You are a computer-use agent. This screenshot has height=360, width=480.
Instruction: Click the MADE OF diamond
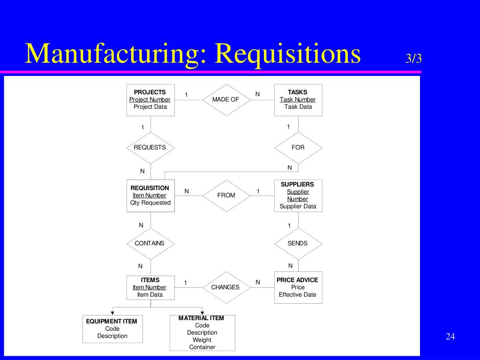tap(226, 100)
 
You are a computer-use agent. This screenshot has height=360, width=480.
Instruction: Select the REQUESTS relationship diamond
tap(150, 148)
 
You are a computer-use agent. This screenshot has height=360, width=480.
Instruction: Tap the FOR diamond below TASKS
tap(298, 148)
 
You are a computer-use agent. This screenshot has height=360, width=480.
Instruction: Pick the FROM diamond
tap(226, 195)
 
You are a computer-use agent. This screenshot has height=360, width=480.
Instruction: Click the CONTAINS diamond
tap(150, 244)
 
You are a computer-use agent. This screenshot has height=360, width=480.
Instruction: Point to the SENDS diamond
tap(298, 244)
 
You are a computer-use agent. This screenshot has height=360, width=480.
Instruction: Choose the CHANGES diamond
tap(226, 287)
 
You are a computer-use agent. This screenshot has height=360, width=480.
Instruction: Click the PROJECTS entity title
tap(150, 92)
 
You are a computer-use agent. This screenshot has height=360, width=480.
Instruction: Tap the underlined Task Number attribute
tap(298, 99)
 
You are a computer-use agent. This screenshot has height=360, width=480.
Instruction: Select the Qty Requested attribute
tap(150, 202)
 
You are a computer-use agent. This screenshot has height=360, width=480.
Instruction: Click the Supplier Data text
tap(298, 206)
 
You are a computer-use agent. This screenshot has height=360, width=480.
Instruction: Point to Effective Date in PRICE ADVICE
tap(298, 294)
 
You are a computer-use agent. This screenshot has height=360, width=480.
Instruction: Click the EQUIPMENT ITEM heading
tap(112, 321)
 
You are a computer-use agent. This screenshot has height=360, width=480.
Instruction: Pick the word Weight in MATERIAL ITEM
tap(202, 340)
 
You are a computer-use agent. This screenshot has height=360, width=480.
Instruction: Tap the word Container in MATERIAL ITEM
tap(202, 347)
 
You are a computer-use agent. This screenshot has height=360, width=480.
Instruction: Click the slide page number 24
tap(450, 337)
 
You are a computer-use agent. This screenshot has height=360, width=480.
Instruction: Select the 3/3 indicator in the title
tap(413, 58)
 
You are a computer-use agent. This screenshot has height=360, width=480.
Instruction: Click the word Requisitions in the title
tap(288, 53)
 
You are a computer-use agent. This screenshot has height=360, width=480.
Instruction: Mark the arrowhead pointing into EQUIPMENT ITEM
tap(112, 313)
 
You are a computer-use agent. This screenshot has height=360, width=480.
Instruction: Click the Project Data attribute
tap(150, 107)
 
